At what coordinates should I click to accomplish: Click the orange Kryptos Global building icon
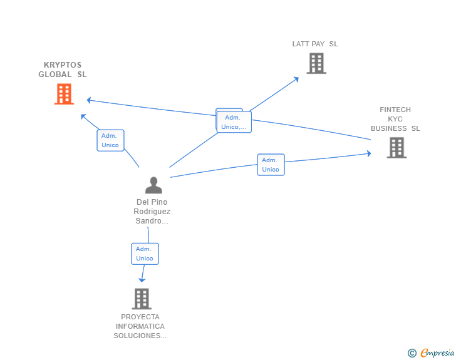pyautogui.click(x=64, y=94)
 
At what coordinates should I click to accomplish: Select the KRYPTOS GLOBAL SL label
pyautogui.click(x=63, y=69)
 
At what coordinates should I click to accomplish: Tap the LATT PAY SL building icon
pyautogui.click(x=316, y=63)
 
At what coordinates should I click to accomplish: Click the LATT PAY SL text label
pyautogui.click(x=315, y=44)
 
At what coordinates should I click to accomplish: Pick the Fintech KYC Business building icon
pyautogui.click(x=396, y=148)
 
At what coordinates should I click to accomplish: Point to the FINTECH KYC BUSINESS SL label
pyautogui.click(x=395, y=119)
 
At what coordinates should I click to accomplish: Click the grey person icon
pyautogui.click(x=153, y=185)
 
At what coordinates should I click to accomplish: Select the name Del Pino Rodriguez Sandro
pyautogui.click(x=152, y=212)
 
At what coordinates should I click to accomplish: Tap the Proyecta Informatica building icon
pyautogui.click(x=142, y=299)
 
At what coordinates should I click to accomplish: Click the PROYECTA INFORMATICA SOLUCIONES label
pyautogui.click(x=140, y=326)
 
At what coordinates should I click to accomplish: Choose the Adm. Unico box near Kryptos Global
pyautogui.click(x=110, y=140)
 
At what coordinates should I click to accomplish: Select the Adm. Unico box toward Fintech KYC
pyautogui.click(x=271, y=165)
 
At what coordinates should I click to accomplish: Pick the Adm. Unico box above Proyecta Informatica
pyautogui.click(x=145, y=254)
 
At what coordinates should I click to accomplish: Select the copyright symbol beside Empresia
pyautogui.click(x=412, y=353)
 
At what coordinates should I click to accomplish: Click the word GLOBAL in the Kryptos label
pyautogui.click(x=55, y=75)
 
